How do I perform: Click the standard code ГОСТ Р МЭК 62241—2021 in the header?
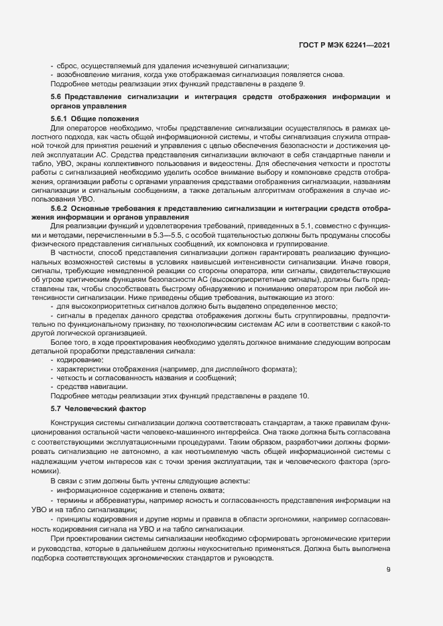pyautogui.click(x=344, y=46)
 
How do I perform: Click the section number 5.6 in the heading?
pyautogui.click(x=56, y=98)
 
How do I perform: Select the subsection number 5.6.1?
pyautogui.click(x=62, y=118)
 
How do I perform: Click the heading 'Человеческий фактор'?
pyautogui.click(x=106, y=408)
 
